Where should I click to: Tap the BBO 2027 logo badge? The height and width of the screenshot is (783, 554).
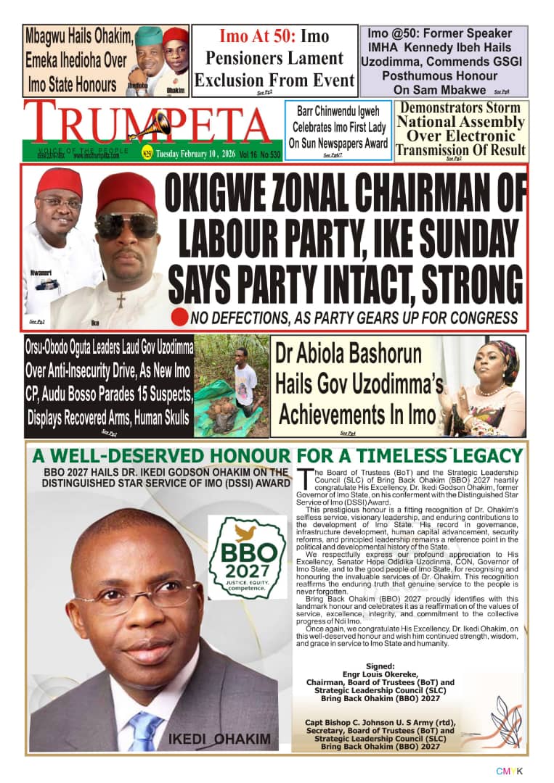[247, 557]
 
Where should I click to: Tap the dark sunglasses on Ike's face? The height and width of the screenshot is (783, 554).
[126, 225]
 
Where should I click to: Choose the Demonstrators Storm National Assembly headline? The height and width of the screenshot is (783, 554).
[460, 129]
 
